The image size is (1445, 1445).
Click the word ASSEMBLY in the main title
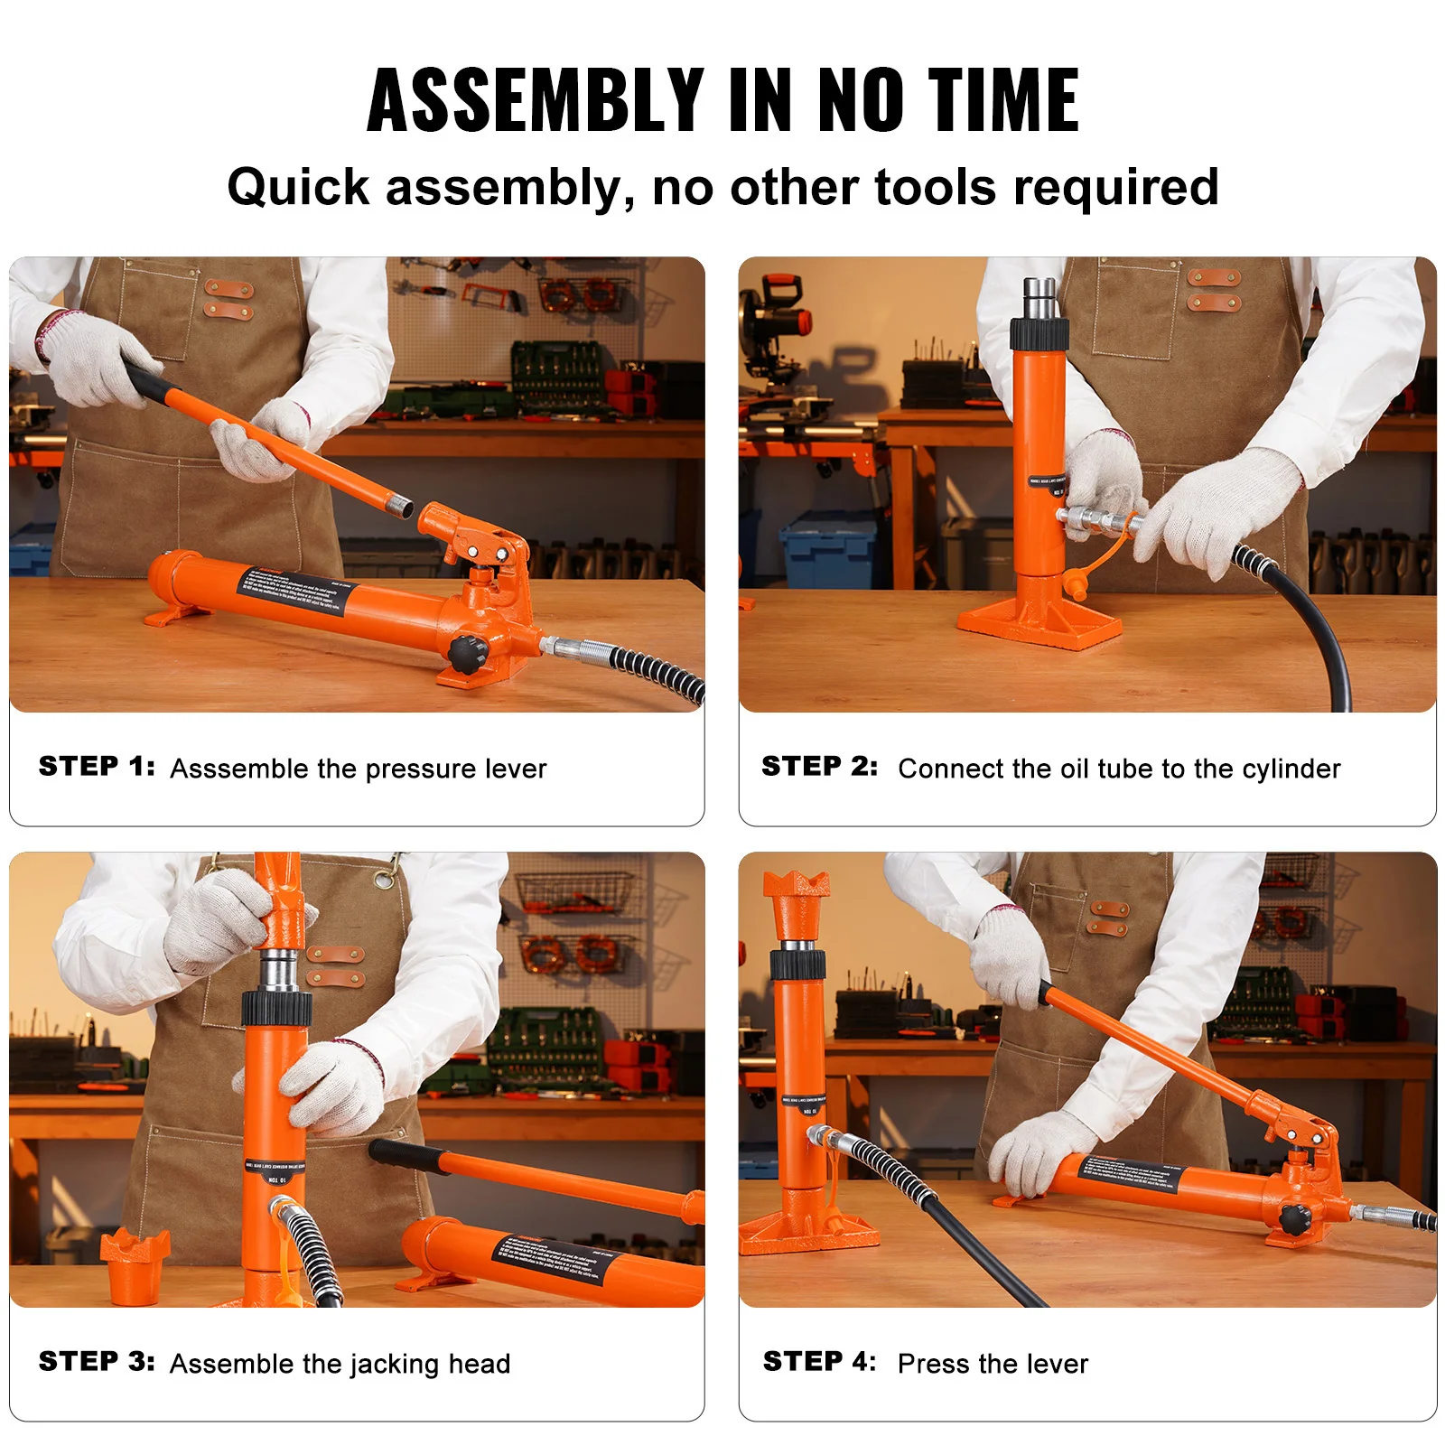[535, 100]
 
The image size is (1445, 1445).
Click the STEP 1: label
[97, 767]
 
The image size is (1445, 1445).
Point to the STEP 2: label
[819, 767]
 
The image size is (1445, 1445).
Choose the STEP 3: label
[97, 1361]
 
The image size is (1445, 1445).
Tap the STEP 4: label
[819, 1361]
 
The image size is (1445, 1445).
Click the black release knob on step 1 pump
[467, 652]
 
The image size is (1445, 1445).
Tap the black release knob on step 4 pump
[1295, 1219]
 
